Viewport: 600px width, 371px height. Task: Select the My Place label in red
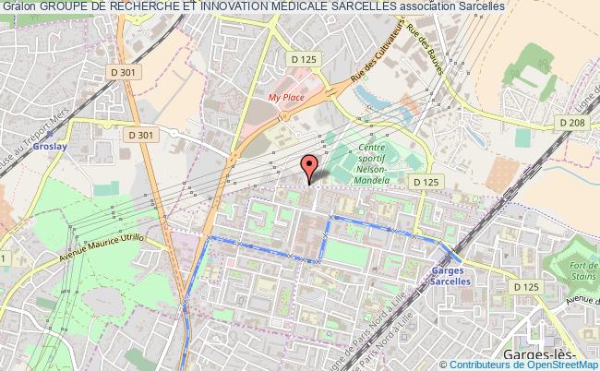(x=285, y=96)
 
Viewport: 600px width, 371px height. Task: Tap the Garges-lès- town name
(x=540, y=356)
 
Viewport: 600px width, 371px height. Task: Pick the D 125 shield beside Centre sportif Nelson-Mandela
(x=425, y=183)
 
